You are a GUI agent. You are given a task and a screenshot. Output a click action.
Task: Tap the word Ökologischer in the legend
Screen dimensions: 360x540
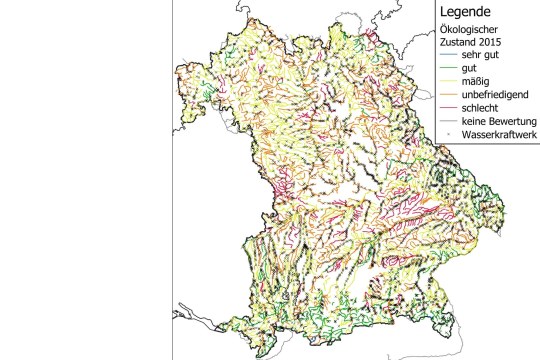pos(468,32)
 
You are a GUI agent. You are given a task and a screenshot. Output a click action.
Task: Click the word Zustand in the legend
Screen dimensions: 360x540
pos(454,45)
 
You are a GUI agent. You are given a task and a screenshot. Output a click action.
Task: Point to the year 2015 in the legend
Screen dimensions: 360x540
pos(488,45)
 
